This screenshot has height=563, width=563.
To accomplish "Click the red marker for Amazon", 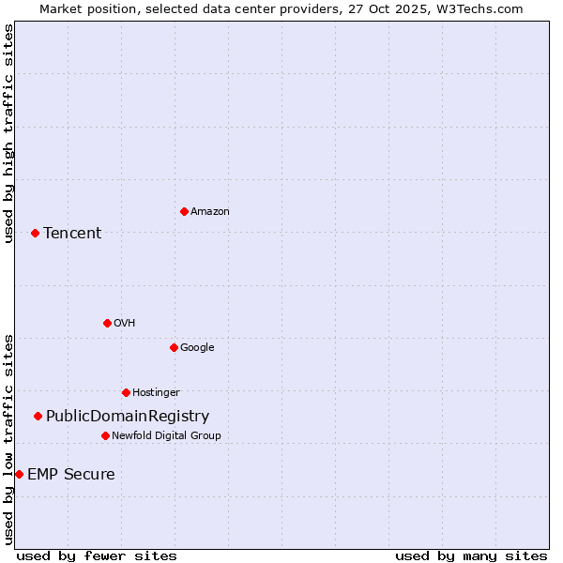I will click(184, 211).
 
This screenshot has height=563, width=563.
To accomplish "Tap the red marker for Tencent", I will click(35, 233).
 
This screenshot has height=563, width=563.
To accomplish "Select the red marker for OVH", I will click(107, 323).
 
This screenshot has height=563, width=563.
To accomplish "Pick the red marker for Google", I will click(174, 347).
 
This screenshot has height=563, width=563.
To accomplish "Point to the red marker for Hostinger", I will click(126, 392).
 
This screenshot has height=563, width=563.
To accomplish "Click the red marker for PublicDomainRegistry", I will click(38, 416).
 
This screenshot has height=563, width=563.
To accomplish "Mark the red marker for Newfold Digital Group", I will click(105, 435).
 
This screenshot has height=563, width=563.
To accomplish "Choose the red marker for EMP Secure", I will click(19, 474).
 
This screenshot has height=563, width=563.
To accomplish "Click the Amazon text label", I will click(209, 211).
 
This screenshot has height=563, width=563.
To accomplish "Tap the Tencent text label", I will click(72, 233).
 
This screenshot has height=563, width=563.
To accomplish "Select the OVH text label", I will click(124, 323).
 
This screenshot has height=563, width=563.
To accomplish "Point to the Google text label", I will click(197, 347).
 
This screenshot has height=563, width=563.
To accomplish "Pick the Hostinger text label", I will click(156, 392).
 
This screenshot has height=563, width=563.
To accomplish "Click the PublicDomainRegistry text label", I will click(128, 416).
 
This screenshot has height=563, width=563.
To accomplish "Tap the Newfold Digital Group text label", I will click(166, 435).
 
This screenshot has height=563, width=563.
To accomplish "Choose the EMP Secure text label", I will click(71, 474).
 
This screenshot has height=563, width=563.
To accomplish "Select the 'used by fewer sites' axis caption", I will click(97, 555).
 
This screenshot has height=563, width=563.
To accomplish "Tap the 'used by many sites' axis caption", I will click(471, 555).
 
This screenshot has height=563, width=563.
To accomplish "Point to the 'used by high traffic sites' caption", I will click(8, 133).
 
